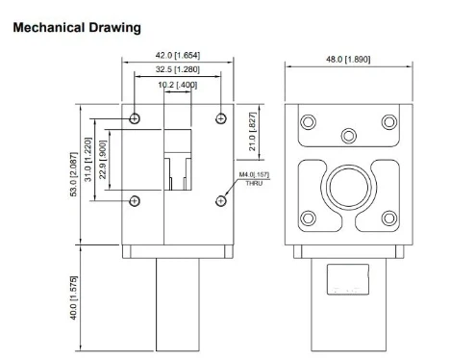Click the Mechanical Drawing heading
click(77, 28)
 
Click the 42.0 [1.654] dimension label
click(178, 55)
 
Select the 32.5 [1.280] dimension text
click(178, 69)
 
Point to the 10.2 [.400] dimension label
click(178, 85)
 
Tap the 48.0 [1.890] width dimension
click(348, 60)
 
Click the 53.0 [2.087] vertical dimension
click(74, 174)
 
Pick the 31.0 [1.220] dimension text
click(88, 160)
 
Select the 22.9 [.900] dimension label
click(103, 160)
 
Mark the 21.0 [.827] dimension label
click(253, 131)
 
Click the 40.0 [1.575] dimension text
click(74, 297)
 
